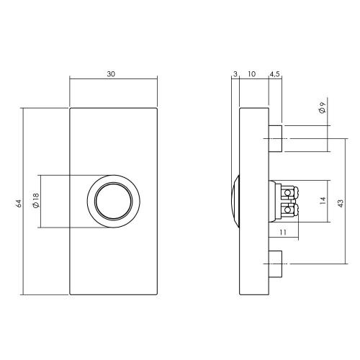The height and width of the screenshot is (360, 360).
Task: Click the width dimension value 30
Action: pos(111,74)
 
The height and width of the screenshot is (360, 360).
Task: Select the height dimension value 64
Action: pos(18,203)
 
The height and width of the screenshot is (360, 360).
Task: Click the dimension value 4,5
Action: pos(275,74)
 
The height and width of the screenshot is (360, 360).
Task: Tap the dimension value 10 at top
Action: pos(253,74)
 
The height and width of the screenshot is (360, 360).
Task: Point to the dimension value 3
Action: pos(235,74)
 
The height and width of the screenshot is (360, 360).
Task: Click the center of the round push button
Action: pos(113,202)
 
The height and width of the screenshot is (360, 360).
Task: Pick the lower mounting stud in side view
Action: pos(275,265)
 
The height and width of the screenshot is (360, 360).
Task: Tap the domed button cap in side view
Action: pos(234,202)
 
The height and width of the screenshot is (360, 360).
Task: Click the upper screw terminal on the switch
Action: pos(289,193)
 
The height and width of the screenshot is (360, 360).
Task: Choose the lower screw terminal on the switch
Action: pos(289,211)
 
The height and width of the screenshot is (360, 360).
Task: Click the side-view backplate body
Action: pos(253,238)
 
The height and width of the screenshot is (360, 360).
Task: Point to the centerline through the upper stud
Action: pos(302,140)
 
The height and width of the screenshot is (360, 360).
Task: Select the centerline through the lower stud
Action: pos(302,265)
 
